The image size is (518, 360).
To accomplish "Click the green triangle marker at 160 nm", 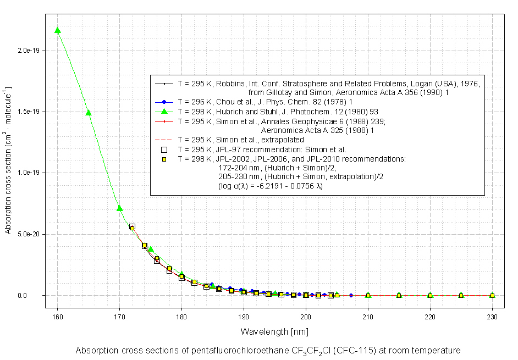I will (x=57, y=30).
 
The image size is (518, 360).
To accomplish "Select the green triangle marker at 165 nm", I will (x=89, y=113).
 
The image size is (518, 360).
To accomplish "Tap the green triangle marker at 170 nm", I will (x=119, y=208).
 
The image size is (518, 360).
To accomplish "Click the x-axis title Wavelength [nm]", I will (x=274, y=331).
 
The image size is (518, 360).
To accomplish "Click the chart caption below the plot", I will (x=267, y=350).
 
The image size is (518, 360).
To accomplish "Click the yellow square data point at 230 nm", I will (x=492, y=296).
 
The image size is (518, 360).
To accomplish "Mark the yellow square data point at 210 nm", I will (x=368, y=296).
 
